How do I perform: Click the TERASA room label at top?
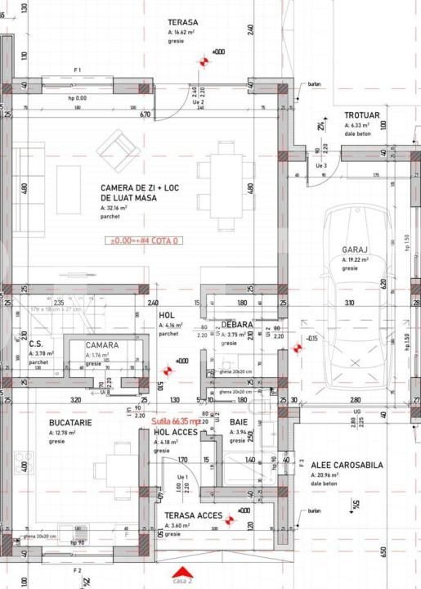pos(183,22)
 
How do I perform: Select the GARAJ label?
pos(356,250)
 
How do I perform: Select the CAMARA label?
pos(102,345)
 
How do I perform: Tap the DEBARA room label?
pos(237,325)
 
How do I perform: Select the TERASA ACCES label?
pos(193,515)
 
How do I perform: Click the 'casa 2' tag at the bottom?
pos(183,580)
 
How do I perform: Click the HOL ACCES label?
pos(172,432)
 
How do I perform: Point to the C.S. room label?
pos(36,344)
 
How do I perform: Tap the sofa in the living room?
pos(69,178)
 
